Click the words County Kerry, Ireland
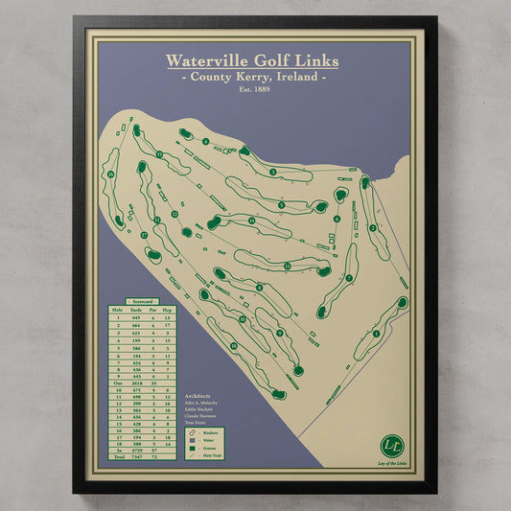(251, 77)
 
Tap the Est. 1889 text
(251, 89)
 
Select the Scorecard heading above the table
(142, 301)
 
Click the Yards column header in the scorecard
(135, 310)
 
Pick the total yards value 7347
(135, 455)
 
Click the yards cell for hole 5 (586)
(135, 348)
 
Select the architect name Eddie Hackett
(202, 409)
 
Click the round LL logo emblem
(390, 445)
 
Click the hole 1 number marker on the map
(376, 334)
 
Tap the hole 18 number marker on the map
(110, 174)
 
